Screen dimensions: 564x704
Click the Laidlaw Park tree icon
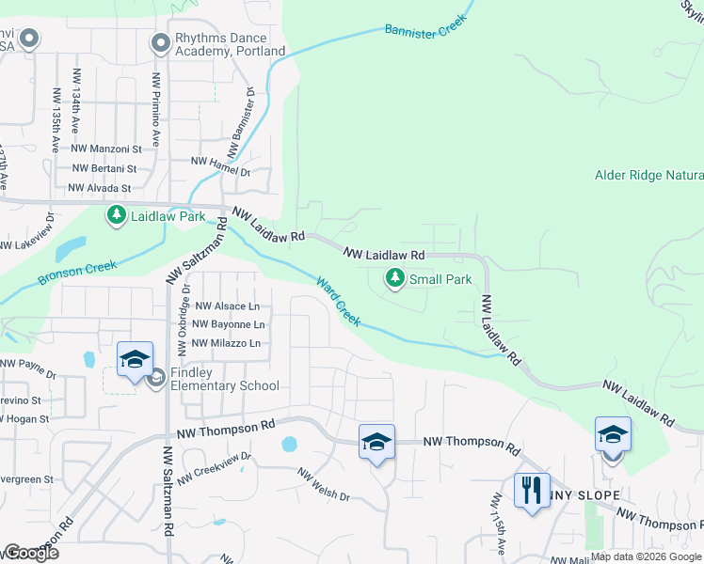click(x=117, y=216)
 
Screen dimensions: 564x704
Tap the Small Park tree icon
click(x=395, y=278)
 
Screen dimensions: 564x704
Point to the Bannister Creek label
click(x=426, y=30)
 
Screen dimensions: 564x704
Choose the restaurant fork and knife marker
click(x=531, y=490)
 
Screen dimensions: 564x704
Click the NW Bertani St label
click(x=104, y=168)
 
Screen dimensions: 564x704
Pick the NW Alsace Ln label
click(x=227, y=306)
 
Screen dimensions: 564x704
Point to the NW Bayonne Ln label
click(x=227, y=324)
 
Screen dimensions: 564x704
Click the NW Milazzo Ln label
click(x=226, y=343)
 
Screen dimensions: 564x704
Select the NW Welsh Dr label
click(x=324, y=485)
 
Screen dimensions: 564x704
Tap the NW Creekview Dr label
click(x=215, y=465)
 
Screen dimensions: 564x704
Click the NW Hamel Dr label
click(x=220, y=167)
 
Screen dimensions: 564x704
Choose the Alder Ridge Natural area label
click(x=648, y=175)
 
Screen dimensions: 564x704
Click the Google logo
click(x=30, y=553)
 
